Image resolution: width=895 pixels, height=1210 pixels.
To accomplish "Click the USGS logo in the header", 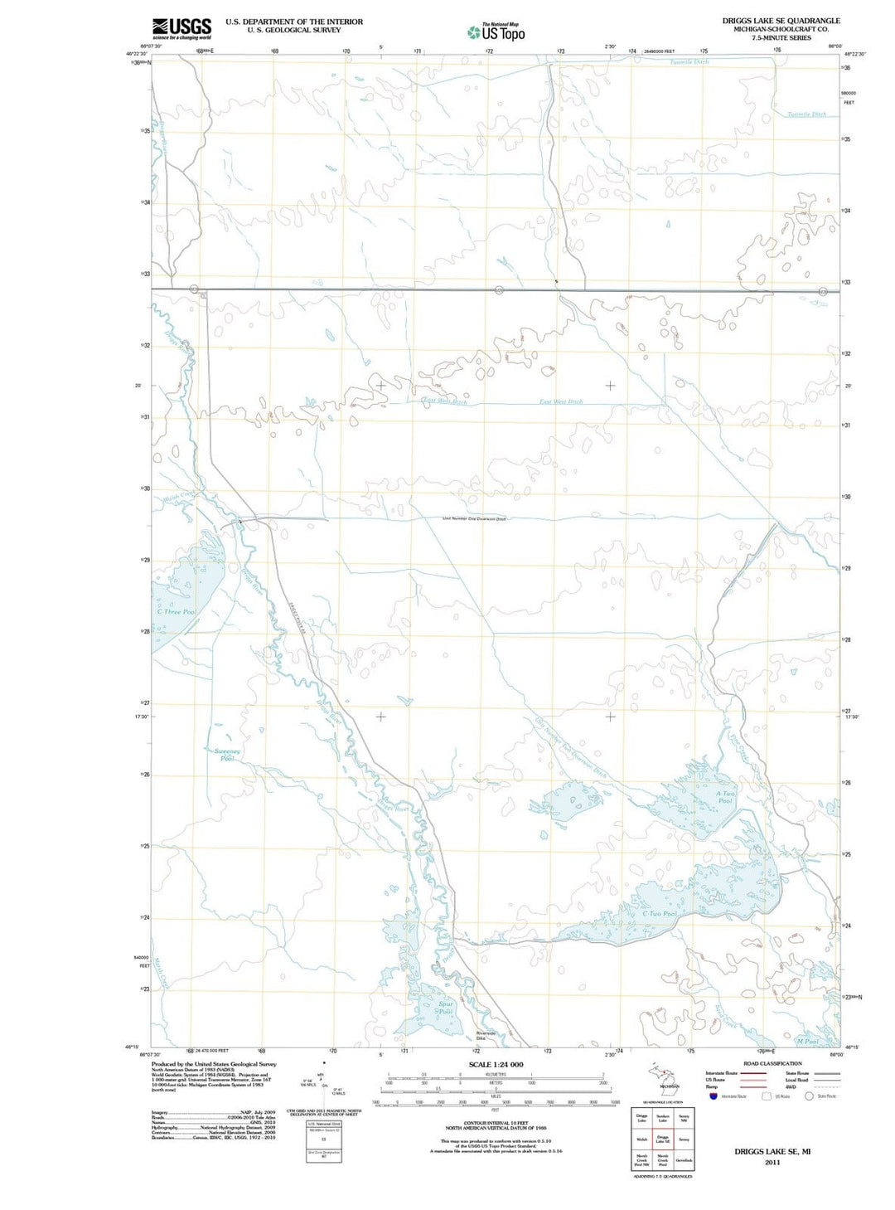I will point(181,28).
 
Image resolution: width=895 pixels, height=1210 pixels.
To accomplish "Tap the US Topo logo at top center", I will point(496,32).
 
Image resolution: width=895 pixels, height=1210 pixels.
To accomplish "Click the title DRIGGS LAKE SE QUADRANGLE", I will point(781,21).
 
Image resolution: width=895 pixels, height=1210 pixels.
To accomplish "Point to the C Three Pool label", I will point(179,612).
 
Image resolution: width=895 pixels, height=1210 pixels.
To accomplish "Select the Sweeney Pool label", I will point(227,755).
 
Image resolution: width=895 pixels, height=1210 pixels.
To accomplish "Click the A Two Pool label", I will point(725,797).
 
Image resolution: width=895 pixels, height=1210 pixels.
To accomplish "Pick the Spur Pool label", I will point(446,1008).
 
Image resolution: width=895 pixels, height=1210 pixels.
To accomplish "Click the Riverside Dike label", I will point(486,1035).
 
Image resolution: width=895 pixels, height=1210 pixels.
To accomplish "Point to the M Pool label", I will point(806,1041).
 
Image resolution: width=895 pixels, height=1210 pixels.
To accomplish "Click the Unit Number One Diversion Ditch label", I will point(474,519).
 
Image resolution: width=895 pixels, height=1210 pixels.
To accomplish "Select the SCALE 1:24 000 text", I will point(496,1064).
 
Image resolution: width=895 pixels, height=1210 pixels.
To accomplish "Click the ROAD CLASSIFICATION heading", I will point(772,1063).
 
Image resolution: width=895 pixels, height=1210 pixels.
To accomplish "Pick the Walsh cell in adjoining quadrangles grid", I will point(641,1140).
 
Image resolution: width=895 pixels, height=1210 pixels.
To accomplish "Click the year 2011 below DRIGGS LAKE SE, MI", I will point(772,1162).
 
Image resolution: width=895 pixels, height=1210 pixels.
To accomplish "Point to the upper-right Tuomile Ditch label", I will point(806,114).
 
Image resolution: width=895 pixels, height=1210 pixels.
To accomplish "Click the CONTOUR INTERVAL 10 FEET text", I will point(496,1124).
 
